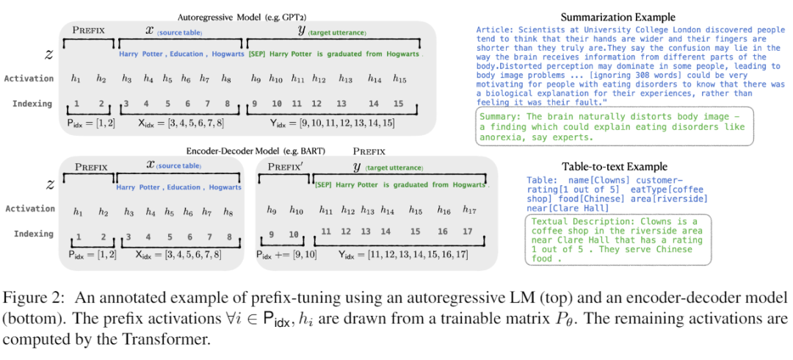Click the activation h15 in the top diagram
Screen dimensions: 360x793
(x=399, y=78)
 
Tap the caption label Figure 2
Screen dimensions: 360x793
(x=32, y=298)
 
